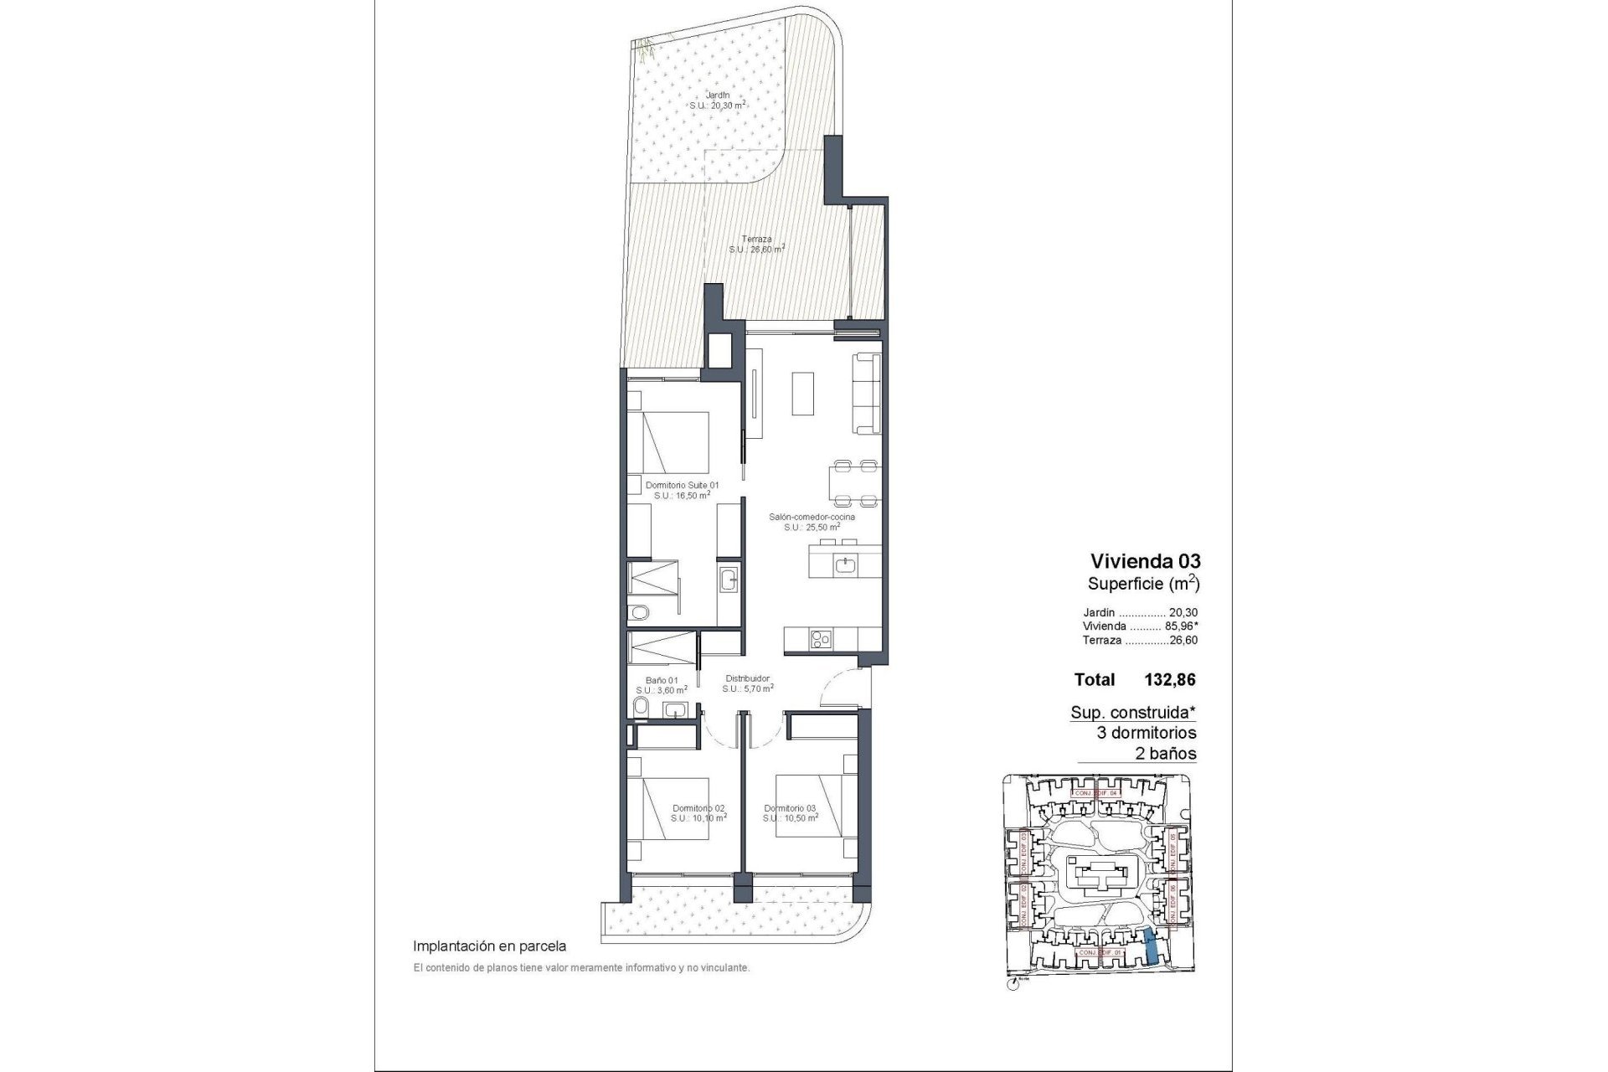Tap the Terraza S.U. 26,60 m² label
(x=756, y=244)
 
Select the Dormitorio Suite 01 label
(x=682, y=489)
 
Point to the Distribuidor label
(x=747, y=683)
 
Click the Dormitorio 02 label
(x=698, y=812)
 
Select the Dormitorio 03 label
(x=790, y=812)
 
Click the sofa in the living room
(x=867, y=394)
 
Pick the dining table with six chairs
(x=853, y=485)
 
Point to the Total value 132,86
(x=1169, y=680)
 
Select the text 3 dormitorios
(x=1147, y=733)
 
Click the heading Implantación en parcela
(x=490, y=946)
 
